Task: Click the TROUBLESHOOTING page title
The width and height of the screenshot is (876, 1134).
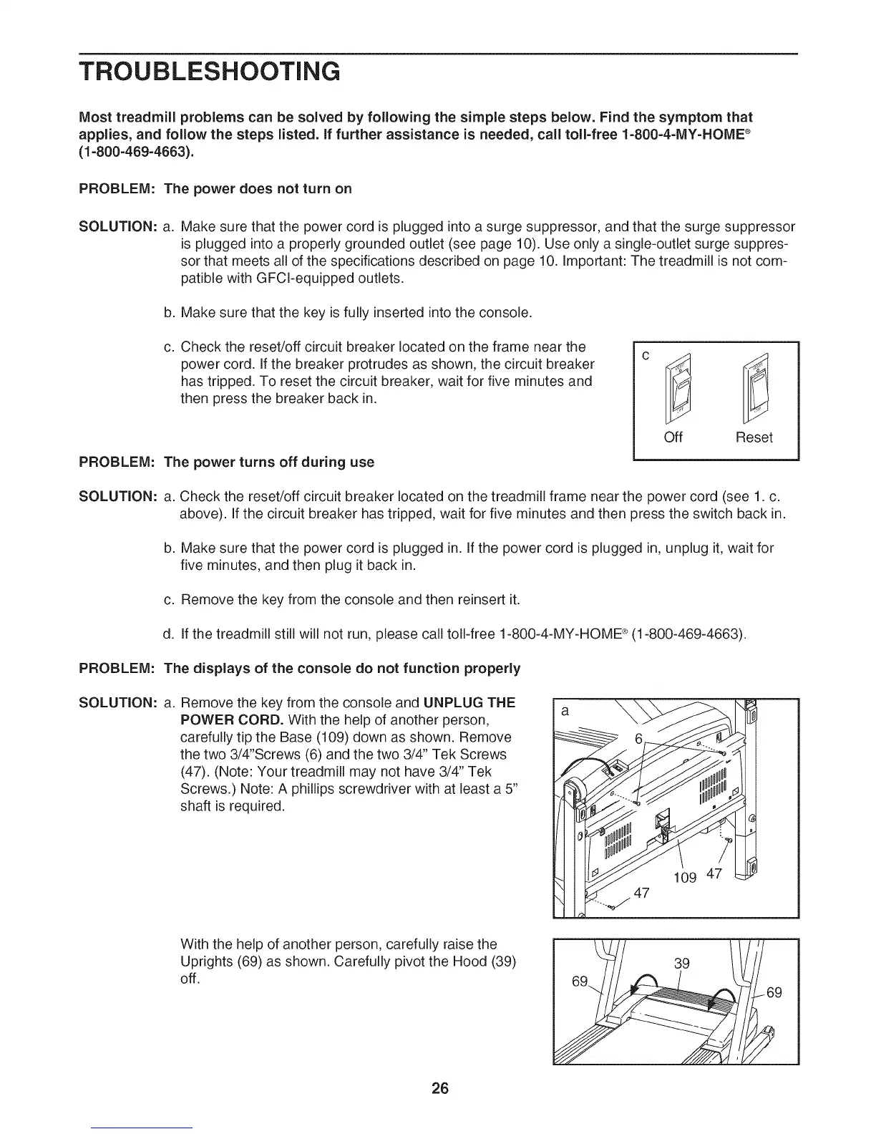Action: [209, 72]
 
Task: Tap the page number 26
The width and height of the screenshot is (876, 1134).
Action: [439, 1089]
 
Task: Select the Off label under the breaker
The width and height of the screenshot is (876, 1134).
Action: [673, 437]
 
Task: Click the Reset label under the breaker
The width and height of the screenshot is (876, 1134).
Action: [754, 437]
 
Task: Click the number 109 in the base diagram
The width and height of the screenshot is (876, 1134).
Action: [685, 877]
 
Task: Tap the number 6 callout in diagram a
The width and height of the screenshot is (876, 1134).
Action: [640, 739]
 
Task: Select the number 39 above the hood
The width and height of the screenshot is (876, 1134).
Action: [682, 963]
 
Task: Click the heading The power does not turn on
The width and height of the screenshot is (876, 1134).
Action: [258, 189]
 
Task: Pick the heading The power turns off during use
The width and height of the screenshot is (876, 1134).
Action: [269, 462]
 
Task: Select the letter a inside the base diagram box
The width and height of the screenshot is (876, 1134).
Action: [565, 712]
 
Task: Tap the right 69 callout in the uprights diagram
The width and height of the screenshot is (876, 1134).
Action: [774, 992]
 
